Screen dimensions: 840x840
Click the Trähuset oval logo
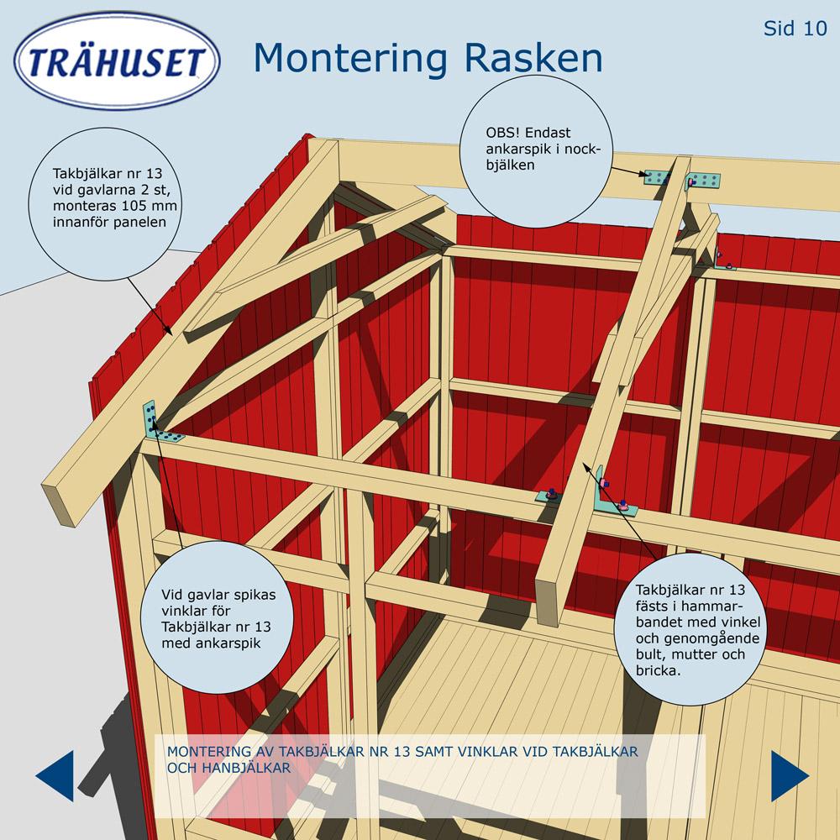[x=117, y=60]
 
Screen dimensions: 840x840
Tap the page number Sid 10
[x=795, y=29]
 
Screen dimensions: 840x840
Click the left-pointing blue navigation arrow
[x=55, y=775]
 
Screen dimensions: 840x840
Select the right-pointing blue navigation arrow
[x=790, y=775]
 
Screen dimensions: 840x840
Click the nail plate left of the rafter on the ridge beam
[x=657, y=177]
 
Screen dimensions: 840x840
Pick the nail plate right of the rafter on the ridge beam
[x=703, y=181]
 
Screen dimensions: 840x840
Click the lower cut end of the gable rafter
[x=59, y=503]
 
